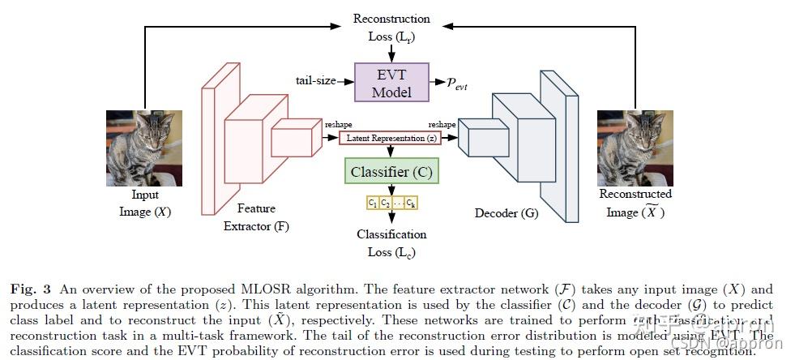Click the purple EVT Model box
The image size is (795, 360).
tap(391, 83)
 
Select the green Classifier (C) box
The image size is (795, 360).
tap(391, 172)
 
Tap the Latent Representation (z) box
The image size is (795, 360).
tap(391, 139)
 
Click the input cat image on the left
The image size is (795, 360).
tap(144, 148)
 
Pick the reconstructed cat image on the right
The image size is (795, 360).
tap(635, 148)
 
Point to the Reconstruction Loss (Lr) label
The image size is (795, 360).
tap(391, 27)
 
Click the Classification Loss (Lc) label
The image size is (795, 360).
tap(391, 242)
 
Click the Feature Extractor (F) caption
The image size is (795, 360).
tap(256, 217)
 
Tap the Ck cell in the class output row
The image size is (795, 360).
tap(411, 202)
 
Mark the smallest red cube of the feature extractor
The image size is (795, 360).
tap(296, 138)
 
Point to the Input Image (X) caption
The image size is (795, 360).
tap(144, 204)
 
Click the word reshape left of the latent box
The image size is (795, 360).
tap(338, 125)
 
